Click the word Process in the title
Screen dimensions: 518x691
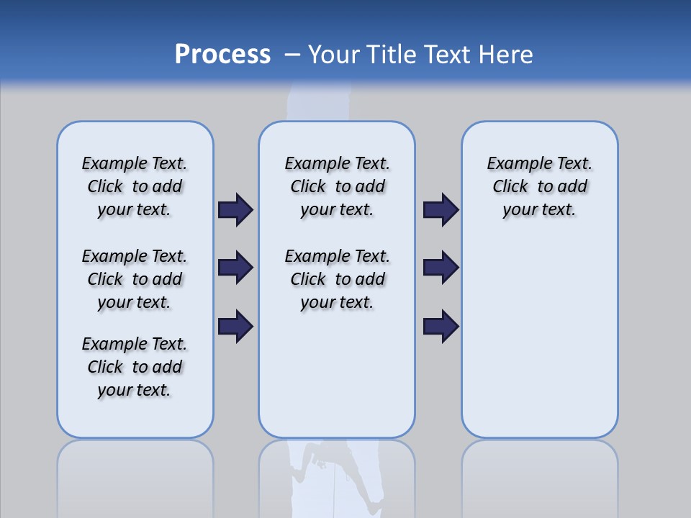point(222,55)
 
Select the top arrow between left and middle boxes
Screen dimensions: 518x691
point(235,210)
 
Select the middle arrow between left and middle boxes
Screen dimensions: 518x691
point(235,268)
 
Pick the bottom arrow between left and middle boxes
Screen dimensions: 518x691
point(235,326)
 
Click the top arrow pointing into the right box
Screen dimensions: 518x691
point(441,210)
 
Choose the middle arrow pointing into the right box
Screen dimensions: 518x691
point(441,268)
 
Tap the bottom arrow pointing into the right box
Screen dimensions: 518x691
point(441,326)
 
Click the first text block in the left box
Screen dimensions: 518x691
point(135,186)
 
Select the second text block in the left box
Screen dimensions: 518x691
point(135,279)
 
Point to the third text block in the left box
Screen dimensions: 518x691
point(135,367)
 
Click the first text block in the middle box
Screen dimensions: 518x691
point(337,186)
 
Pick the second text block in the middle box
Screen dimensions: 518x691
point(337,279)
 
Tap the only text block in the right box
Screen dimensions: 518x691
point(539,186)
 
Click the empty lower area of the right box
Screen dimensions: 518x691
point(539,338)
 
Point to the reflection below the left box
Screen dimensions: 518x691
point(135,475)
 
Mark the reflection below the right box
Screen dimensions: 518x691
point(539,475)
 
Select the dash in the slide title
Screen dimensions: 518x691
point(292,55)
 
